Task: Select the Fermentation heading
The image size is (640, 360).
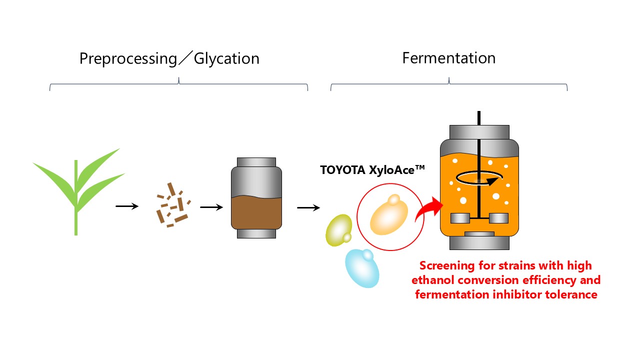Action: click(448, 58)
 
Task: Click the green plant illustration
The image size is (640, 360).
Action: click(77, 185)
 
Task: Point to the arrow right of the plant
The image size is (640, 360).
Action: click(127, 206)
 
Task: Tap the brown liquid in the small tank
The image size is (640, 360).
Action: click(256, 212)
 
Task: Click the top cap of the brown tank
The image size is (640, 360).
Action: click(256, 162)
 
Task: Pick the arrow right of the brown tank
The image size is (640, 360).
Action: click(308, 207)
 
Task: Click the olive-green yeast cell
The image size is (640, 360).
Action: click(338, 229)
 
